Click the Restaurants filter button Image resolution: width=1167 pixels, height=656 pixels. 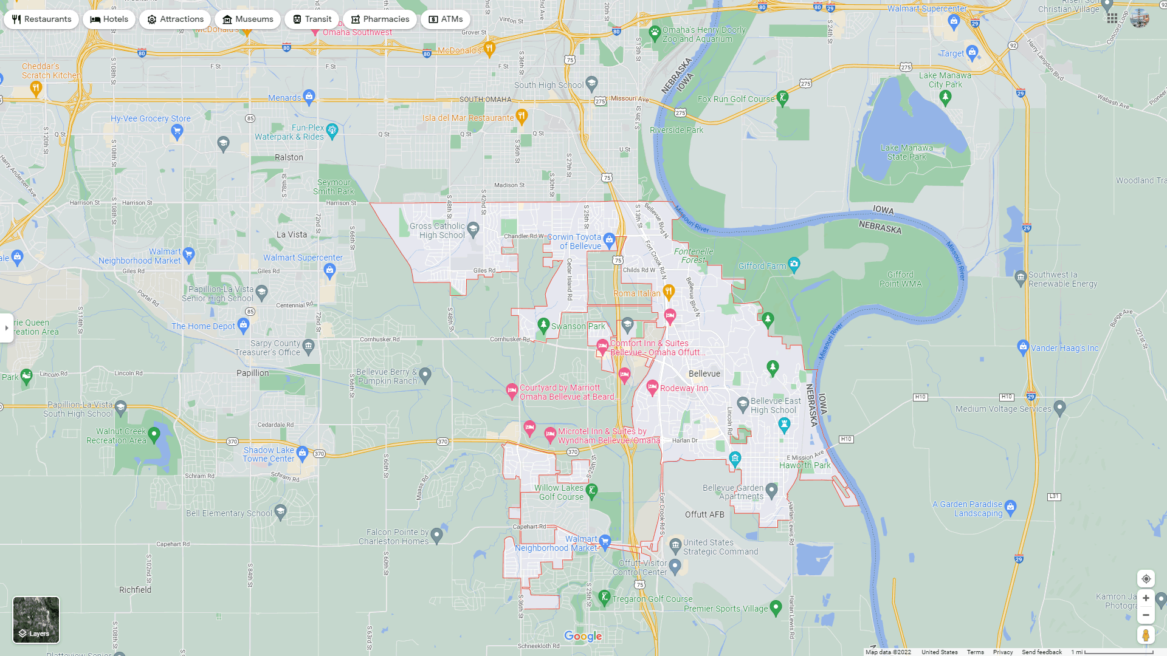pyautogui.click(x=41, y=19)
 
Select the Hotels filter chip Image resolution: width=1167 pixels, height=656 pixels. pyautogui.click(x=109, y=19)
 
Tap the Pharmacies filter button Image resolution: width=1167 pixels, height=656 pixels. pyautogui.click(x=380, y=19)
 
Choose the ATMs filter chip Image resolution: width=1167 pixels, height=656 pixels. pyautogui.click(x=446, y=19)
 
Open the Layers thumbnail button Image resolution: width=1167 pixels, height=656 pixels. pyautogui.click(x=36, y=620)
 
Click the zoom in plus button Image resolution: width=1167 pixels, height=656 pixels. pyautogui.click(x=1146, y=598)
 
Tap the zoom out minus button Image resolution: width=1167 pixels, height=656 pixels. pyautogui.click(x=1146, y=615)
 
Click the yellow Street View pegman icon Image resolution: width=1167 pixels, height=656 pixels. pyautogui.click(x=1146, y=635)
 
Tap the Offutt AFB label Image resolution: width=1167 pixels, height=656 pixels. pyautogui.click(x=704, y=514)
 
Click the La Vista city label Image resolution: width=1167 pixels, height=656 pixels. pyautogui.click(x=292, y=234)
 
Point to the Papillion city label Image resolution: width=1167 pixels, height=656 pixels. pyautogui.click(x=252, y=373)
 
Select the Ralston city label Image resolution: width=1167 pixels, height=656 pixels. pyautogui.click(x=289, y=157)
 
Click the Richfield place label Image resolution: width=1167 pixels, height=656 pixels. pyautogui.click(x=135, y=590)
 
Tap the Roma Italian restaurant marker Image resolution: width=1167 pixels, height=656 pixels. pyautogui.click(x=669, y=292)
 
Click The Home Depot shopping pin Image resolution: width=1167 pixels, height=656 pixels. pyautogui.click(x=244, y=325)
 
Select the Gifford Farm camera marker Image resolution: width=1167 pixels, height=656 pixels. pyautogui.click(x=794, y=264)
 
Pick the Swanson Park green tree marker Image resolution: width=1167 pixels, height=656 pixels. pyautogui.click(x=543, y=325)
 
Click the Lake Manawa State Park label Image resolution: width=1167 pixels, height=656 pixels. pyautogui.click(x=906, y=152)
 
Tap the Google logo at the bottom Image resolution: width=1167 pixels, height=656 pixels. pyautogui.click(x=583, y=636)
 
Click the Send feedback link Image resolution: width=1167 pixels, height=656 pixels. pyautogui.click(x=1042, y=652)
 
